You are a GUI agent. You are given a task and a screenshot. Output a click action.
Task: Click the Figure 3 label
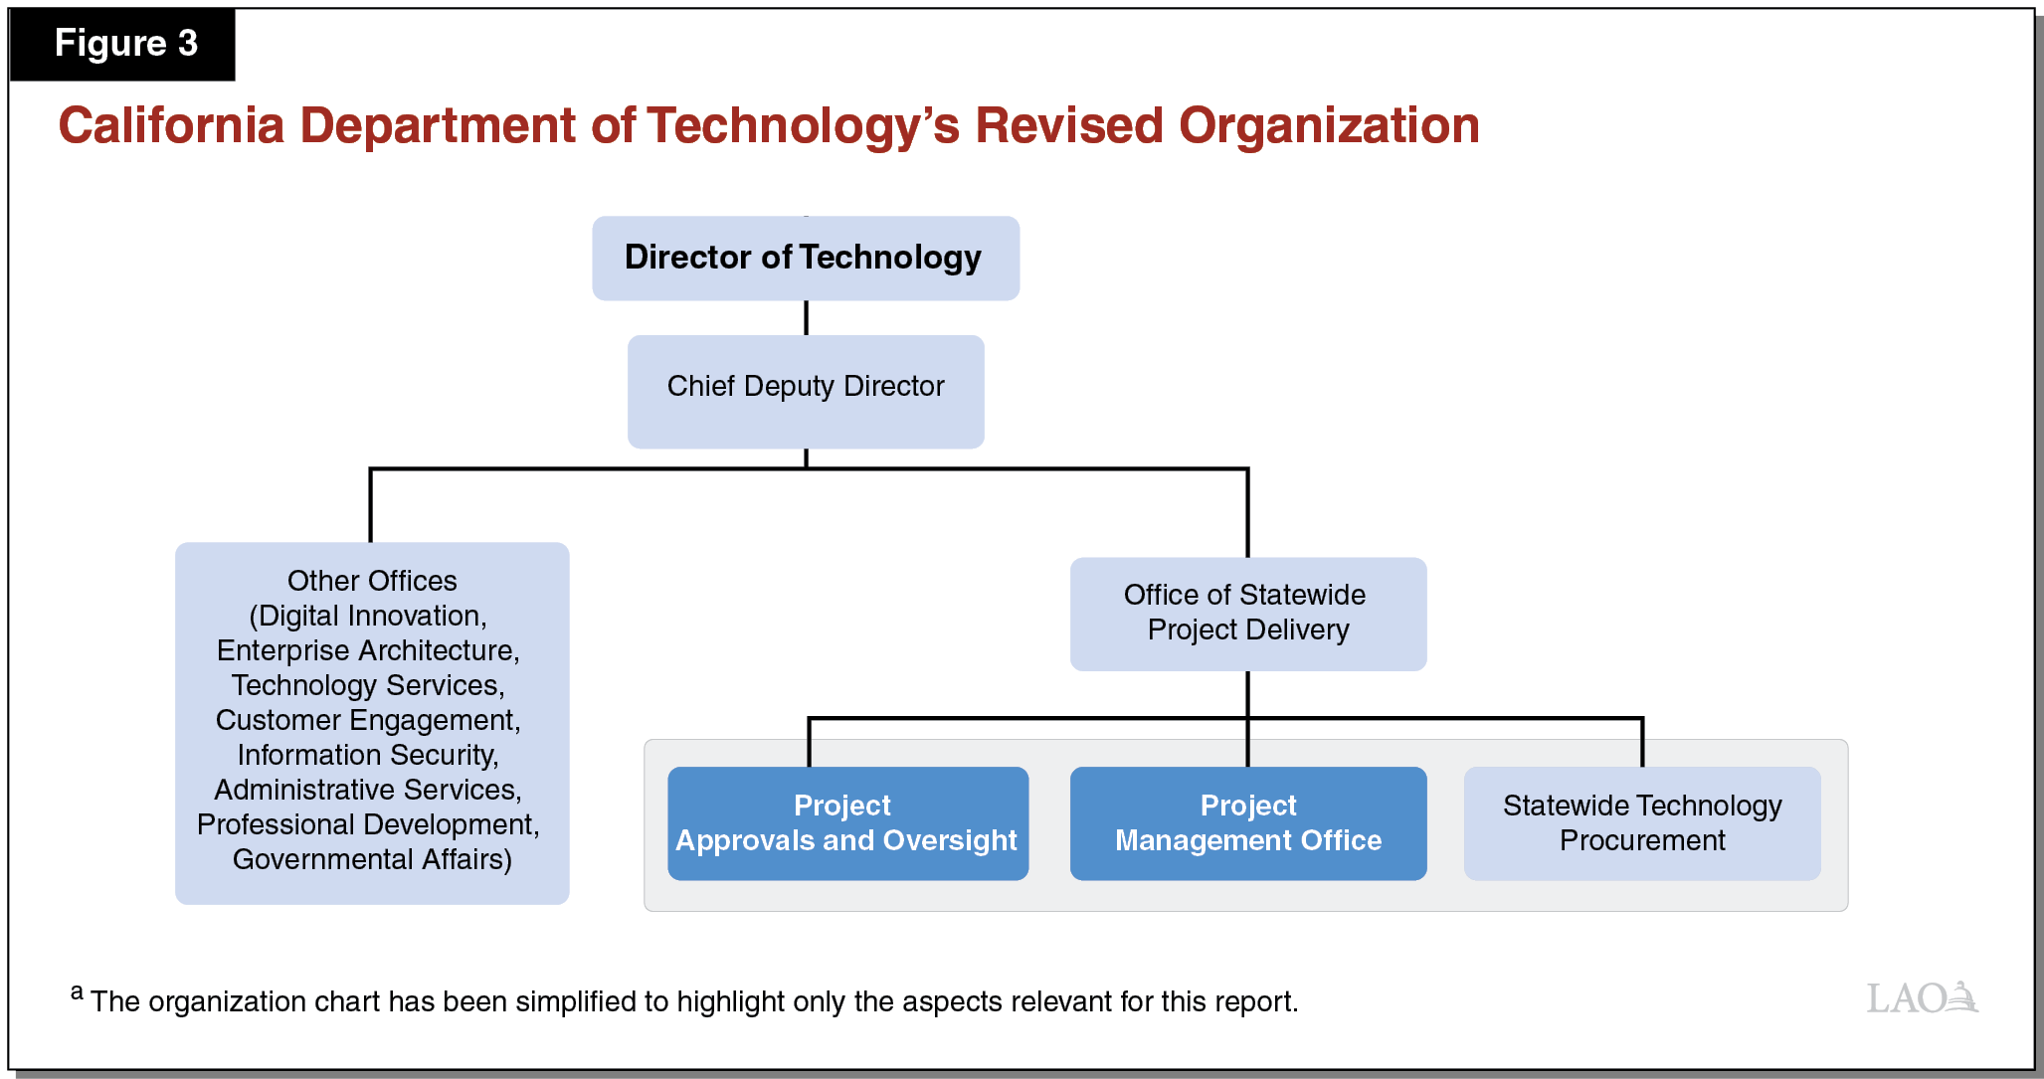(125, 44)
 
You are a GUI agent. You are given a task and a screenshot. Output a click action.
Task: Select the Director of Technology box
(805, 259)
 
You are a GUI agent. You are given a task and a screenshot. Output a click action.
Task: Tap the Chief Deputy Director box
(806, 391)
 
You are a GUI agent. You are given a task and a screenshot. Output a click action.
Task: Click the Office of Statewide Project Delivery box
(1247, 614)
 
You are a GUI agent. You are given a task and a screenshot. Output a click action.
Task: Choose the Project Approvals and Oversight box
(847, 823)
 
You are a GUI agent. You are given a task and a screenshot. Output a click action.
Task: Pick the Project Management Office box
(1247, 823)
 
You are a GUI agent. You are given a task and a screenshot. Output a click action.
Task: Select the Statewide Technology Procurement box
(1641, 823)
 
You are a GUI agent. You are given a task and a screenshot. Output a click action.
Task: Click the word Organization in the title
(1329, 126)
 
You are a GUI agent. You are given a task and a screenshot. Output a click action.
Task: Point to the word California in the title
(171, 126)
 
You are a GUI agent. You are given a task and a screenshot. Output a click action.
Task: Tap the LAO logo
(1922, 997)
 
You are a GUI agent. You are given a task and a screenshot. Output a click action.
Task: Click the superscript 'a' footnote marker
(77, 991)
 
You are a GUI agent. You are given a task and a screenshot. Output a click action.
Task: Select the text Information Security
(366, 755)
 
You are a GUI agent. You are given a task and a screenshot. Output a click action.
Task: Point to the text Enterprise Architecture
(366, 650)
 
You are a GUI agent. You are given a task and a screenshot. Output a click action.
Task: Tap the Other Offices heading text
(372, 581)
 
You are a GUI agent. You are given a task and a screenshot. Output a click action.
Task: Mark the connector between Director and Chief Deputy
(806, 317)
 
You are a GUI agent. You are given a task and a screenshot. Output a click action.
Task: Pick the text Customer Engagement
(366, 720)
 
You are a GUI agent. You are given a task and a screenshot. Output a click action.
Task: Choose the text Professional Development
(366, 824)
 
